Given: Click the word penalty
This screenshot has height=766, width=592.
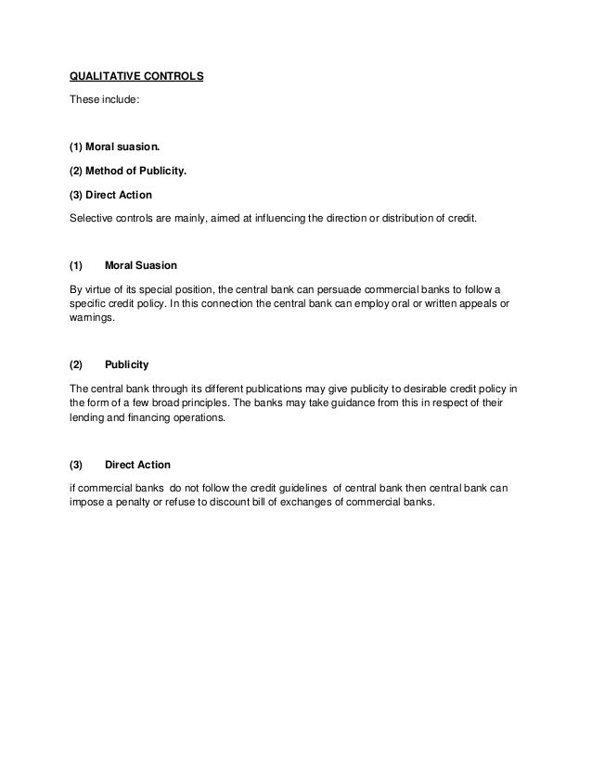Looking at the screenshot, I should [x=136, y=503].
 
